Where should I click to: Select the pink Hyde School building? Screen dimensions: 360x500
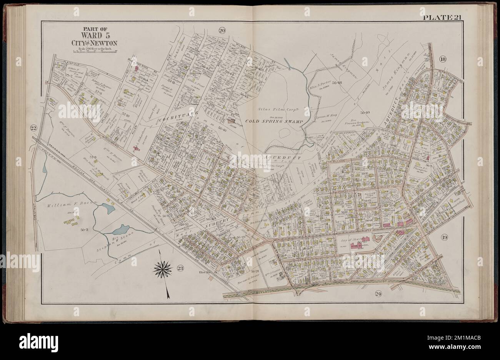click(x=362, y=246)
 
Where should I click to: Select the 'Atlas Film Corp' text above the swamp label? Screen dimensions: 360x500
click(x=271, y=112)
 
